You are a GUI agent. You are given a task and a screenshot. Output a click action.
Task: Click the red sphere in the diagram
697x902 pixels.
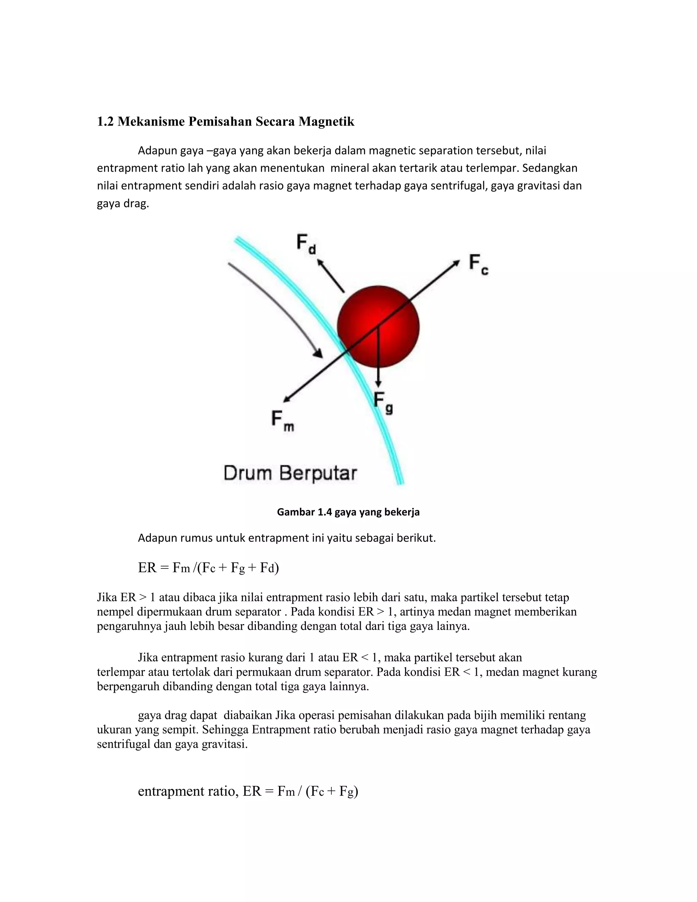[x=378, y=326]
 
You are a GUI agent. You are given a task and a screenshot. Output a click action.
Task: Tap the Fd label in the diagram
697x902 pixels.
[x=306, y=244]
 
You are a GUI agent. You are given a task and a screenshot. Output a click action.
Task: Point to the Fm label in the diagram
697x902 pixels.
[x=282, y=420]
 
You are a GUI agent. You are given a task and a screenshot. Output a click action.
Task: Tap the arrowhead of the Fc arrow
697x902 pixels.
[x=456, y=262]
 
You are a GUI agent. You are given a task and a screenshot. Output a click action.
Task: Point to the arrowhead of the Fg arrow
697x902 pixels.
[x=378, y=384]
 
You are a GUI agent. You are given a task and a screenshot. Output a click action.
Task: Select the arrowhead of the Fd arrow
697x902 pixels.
[x=319, y=262]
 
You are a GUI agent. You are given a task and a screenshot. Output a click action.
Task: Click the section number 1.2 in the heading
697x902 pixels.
[x=105, y=122]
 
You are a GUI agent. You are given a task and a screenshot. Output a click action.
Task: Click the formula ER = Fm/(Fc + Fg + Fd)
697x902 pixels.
[x=209, y=568]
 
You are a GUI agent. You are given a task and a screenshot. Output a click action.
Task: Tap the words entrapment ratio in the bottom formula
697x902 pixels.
[x=188, y=791]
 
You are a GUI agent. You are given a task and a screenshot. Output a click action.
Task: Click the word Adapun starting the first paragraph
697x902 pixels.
[x=157, y=151]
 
